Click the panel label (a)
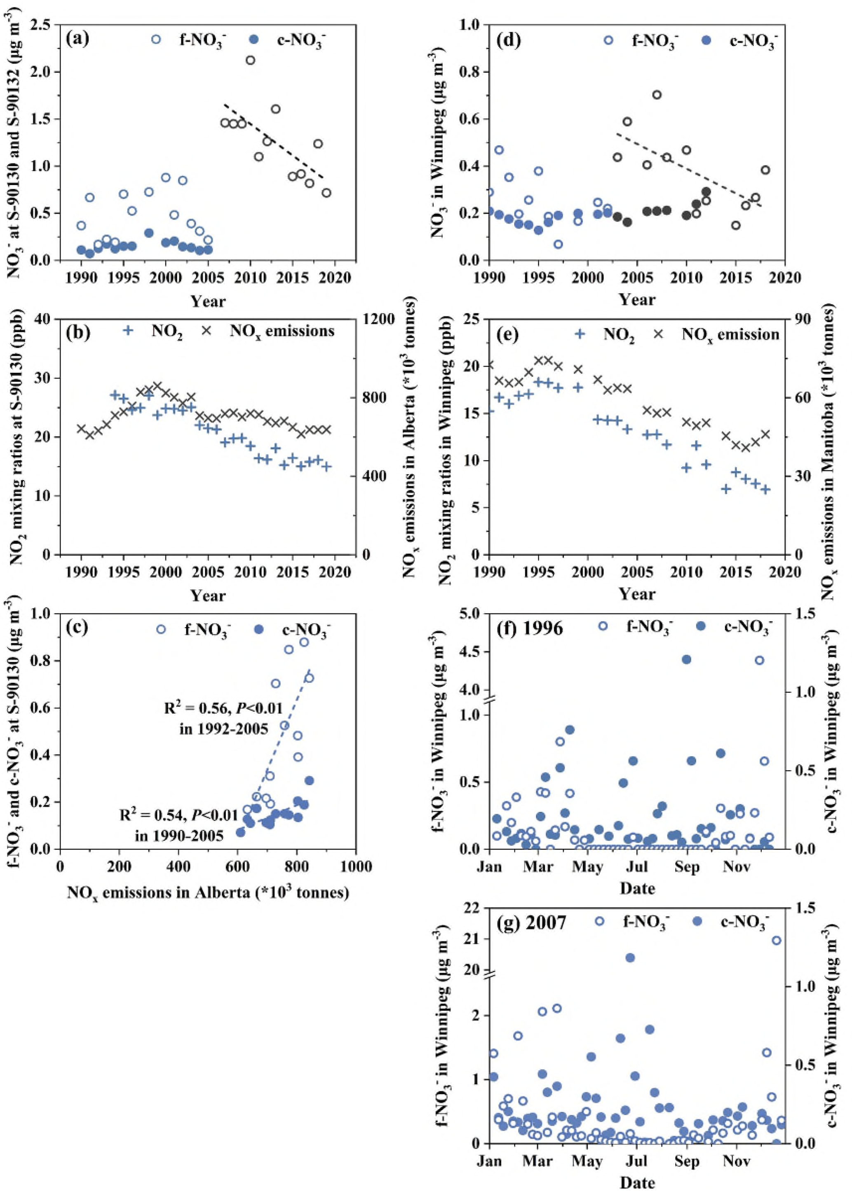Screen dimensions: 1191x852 pyautogui.click(x=77, y=39)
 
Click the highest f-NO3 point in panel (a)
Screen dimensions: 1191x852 pyautogui.click(x=250, y=60)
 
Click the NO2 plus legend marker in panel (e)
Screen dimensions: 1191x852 pyautogui.click(x=580, y=334)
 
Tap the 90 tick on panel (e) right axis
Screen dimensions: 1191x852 pyautogui.click(x=803, y=319)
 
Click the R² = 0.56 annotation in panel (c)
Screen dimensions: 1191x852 pyautogui.click(x=224, y=709)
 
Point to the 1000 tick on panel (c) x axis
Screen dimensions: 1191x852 pyautogui.click(x=355, y=866)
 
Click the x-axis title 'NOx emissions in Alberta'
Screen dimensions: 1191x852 pyautogui.click(x=208, y=892)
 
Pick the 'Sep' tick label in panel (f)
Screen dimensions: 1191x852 pyautogui.click(x=687, y=867)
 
